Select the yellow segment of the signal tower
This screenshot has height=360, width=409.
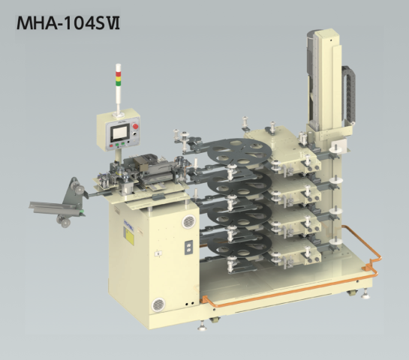(118, 78)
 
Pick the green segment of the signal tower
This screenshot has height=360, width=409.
(118, 83)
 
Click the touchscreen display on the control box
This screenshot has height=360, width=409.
(120, 133)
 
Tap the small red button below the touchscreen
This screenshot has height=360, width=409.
(111, 145)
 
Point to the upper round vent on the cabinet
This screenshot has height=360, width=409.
(188, 221)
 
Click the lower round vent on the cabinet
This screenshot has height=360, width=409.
(158, 304)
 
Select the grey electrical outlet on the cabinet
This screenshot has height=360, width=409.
(189, 247)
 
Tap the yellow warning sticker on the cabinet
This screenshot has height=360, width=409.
(129, 236)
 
